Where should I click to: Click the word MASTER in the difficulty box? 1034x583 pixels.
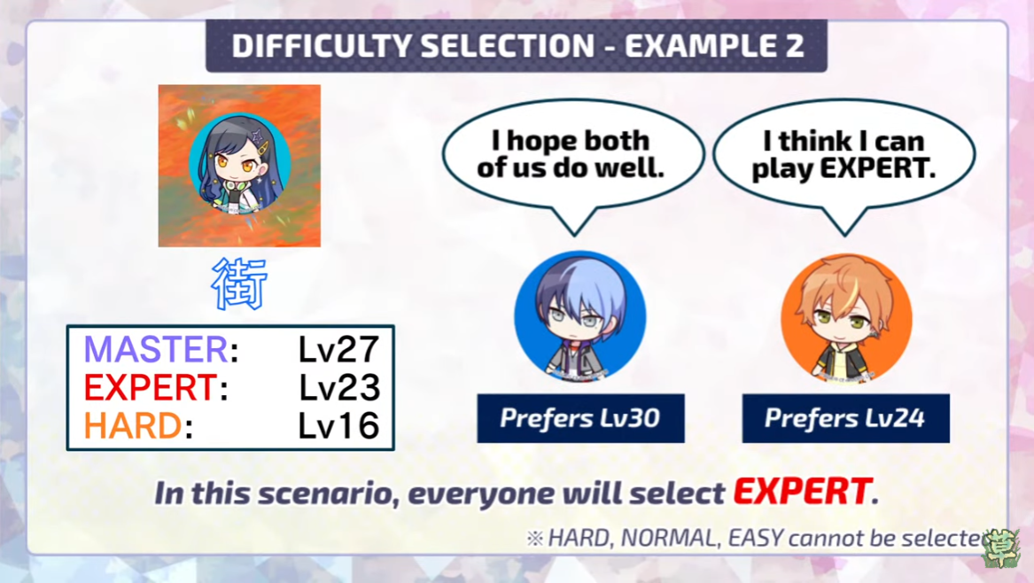156,349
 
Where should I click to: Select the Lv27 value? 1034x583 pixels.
339,350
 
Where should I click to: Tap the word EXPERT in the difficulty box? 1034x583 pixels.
150,388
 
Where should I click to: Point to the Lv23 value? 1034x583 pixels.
339,388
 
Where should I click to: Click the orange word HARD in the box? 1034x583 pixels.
133,425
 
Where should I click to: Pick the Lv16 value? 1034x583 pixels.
339,425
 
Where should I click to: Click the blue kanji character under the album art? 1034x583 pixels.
239,284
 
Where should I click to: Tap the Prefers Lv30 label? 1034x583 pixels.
580,418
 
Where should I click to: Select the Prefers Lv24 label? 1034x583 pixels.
845,418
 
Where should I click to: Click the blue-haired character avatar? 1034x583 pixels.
579,316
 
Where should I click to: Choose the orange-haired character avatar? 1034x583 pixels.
846,319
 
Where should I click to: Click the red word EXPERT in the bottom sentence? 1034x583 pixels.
803,492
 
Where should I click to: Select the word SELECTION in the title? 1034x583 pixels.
508,46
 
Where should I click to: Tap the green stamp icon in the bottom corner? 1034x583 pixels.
1002,548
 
